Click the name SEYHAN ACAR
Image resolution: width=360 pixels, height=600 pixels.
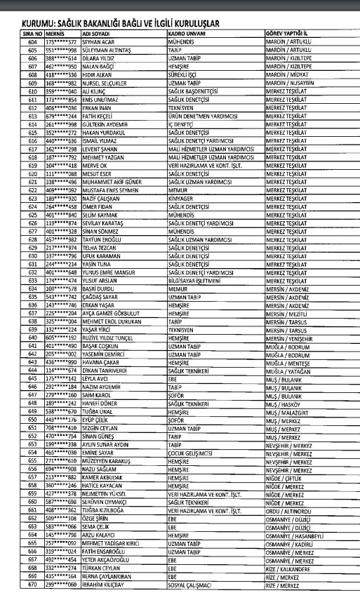tap(80, 41)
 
